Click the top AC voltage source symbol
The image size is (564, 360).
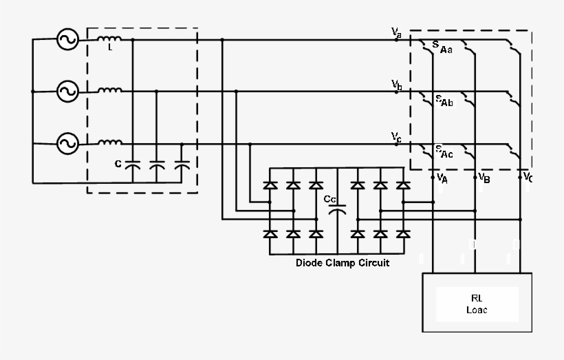tap(67, 39)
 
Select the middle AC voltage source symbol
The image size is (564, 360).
tap(67, 91)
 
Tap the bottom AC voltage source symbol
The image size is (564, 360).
tap(67, 143)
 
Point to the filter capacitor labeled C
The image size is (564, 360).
tap(133, 166)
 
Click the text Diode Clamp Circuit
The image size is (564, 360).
tap(342, 263)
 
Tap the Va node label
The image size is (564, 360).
tap(396, 32)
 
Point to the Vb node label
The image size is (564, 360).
tap(397, 84)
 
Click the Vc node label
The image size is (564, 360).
tap(396, 136)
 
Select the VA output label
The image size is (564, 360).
tap(442, 178)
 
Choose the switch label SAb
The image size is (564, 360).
tap(444, 101)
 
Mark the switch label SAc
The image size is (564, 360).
tap(444, 151)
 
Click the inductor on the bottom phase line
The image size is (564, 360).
tap(109, 142)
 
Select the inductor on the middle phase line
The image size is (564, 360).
tap(109, 89)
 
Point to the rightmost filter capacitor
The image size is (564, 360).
tap(182, 166)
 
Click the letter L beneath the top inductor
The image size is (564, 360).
tap(109, 48)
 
